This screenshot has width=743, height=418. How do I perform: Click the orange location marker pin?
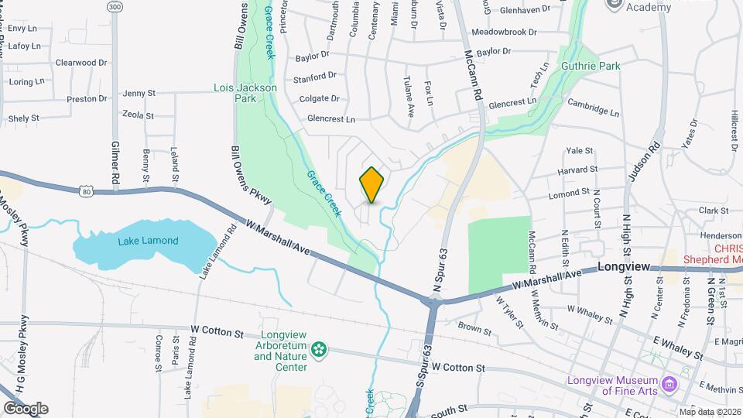coord(372,185)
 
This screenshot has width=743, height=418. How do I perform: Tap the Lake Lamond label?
coord(148,241)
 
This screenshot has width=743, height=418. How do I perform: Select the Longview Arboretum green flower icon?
coord(317,351)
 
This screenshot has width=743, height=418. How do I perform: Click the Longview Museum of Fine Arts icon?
coord(670,382)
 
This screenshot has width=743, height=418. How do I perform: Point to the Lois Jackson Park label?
coord(245,94)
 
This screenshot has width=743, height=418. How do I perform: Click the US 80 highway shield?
coord(86,190)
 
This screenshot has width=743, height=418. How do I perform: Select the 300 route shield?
coord(115,7)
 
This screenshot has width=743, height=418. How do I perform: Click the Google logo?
coord(25,409)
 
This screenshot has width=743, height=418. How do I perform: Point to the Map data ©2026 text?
coord(710,412)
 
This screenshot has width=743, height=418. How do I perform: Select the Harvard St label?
coord(582,169)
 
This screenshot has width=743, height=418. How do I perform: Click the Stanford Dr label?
coord(315,77)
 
